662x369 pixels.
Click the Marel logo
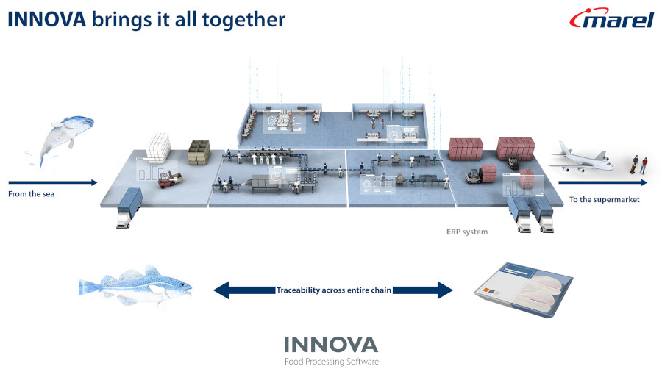pyautogui.click(x=612, y=18)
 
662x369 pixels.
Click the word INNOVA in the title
pyautogui.click(x=47, y=19)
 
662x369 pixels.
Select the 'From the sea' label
pyautogui.click(x=31, y=194)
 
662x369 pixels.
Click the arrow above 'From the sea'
pyautogui.click(x=53, y=182)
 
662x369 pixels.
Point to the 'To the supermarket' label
pyautogui.click(x=604, y=199)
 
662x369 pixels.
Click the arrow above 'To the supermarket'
pyautogui.click(x=603, y=182)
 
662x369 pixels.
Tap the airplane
pyautogui.click(x=581, y=158)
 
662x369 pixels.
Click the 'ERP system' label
pyautogui.click(x=467, y=232)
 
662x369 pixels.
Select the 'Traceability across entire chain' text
pyautogui.click(x=333, y=290)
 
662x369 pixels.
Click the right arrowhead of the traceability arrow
pyautogui.click(x=445, y=290)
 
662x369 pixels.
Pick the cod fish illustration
pyautogui.click(x=135, y=286)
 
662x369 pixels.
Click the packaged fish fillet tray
pyautogui.click(x=524, y=290)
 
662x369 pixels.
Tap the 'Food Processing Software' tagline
pyautogui.click(x=332, y=362)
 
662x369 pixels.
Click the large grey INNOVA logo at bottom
pyautogui.click(x=331, y=345)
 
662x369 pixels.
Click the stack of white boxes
pyautogui.click(x=158, y=147)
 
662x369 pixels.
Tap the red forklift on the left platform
pyautogui.click(x=170, y=179)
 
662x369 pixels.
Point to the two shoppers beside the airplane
pyautogui.click(x=639, y=165)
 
